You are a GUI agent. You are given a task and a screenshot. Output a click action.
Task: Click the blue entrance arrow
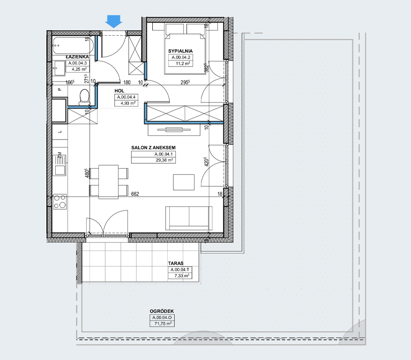[113, 21]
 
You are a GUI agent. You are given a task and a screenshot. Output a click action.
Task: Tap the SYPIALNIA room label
[180, 51]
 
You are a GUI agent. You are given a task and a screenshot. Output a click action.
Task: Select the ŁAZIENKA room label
[77, 57]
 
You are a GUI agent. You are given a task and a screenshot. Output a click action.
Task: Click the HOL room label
[119, 91]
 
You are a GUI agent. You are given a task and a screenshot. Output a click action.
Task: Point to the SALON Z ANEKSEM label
[153, 147]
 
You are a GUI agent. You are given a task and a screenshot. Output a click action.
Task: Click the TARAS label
[176, 264]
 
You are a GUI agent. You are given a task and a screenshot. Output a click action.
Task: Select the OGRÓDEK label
[162, 311]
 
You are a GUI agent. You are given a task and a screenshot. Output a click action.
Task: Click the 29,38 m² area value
[164, 160]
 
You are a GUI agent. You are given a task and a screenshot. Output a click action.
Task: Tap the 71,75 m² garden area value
[163, 323]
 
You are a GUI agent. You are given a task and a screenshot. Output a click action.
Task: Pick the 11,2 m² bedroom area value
[183, 63]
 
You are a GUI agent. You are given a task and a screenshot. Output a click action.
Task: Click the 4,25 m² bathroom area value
[79, 69]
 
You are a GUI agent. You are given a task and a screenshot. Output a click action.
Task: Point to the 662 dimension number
[135, 194]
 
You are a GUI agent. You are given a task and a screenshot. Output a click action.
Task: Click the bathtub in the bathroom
[73, 46]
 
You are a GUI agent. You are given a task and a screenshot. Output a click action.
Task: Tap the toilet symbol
[84, 96]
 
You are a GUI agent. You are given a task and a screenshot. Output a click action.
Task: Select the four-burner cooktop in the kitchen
[60, 202]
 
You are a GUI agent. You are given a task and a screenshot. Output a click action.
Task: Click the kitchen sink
[59, 165]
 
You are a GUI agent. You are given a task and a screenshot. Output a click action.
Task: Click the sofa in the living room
[189, 218]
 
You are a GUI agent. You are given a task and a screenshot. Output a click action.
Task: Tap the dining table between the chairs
[109, 182]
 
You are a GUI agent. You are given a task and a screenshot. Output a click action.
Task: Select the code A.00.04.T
[180, 270]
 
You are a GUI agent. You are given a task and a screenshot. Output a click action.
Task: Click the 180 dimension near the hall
[127, 82]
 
